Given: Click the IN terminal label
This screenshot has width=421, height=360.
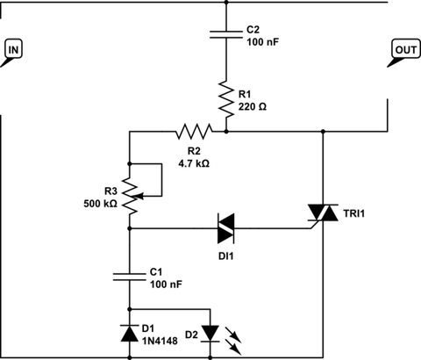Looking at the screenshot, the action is [13, 50].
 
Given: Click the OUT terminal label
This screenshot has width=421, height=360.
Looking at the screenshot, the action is [406, 50].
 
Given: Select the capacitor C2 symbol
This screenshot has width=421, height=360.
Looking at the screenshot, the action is [226, 34].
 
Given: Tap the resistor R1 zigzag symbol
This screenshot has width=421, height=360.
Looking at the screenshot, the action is [226, 99].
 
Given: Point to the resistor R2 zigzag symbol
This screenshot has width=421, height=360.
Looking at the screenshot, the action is [194, 132].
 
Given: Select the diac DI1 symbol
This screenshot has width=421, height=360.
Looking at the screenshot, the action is [225, 228].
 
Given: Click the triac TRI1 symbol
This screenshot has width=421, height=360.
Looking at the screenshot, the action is [323, 212].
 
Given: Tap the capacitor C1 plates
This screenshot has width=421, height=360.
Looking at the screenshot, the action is [130, 277].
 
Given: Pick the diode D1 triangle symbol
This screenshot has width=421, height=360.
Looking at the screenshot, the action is [130, 333].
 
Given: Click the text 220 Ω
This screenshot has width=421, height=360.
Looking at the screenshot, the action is [253, 107].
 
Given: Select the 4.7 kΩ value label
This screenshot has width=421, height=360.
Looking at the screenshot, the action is [194, 163].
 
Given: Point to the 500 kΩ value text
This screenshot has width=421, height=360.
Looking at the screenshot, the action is [100, 204].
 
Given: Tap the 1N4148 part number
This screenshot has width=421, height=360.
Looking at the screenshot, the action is [160, 341].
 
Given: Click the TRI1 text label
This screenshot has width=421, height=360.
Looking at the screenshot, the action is [354, 213].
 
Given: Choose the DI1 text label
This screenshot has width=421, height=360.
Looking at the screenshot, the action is [226, 256].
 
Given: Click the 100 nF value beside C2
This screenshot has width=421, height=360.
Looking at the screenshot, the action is [263, 42].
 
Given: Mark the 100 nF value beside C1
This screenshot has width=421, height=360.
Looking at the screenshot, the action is [166, 284].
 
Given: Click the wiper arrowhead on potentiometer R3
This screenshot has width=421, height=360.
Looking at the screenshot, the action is [140, 196].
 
